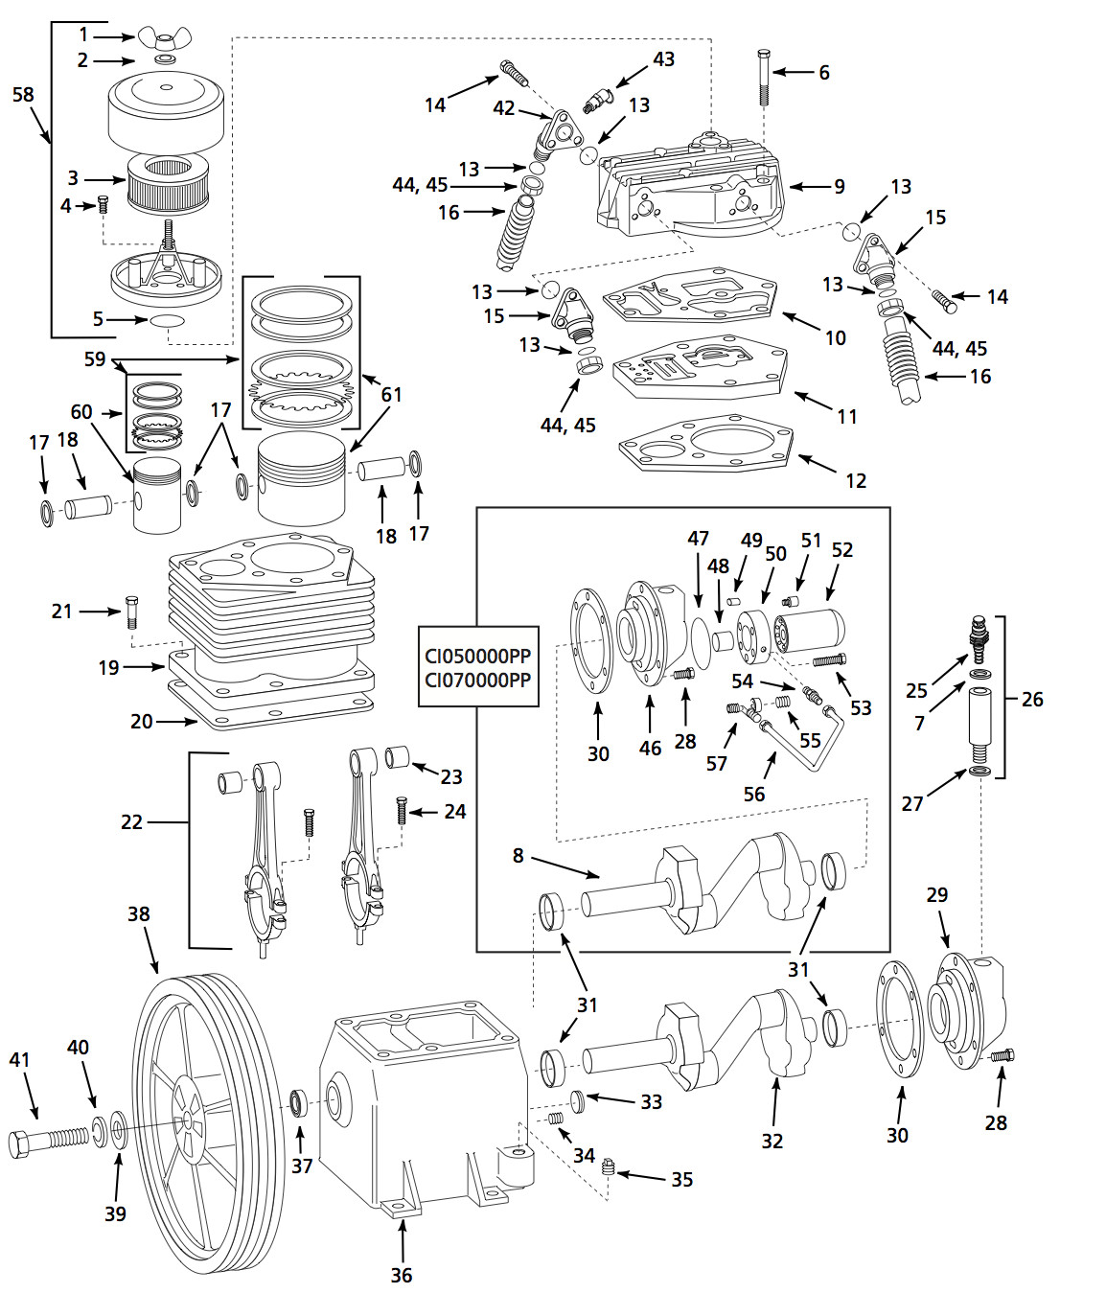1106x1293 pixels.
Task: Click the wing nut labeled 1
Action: click(x=164, y=38)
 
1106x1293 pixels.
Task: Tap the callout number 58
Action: click(x=23, y=95)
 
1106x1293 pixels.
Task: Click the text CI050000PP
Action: click(x=477, y=657)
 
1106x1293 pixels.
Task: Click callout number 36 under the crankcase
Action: click(x=402, y=1275)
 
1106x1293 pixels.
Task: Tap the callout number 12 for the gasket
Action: click(x=856, y=480)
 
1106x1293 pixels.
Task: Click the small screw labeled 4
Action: click(x=103, y=204)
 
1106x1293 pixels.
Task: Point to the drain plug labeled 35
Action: click(x=608, y=1167)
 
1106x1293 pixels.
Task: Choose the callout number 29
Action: click(x=936, y=894)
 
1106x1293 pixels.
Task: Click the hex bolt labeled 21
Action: click(x=132, y=611)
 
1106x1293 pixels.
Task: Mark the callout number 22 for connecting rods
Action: click(x=131, y=821)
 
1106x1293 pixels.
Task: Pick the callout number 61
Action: click(x=391, y=394)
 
